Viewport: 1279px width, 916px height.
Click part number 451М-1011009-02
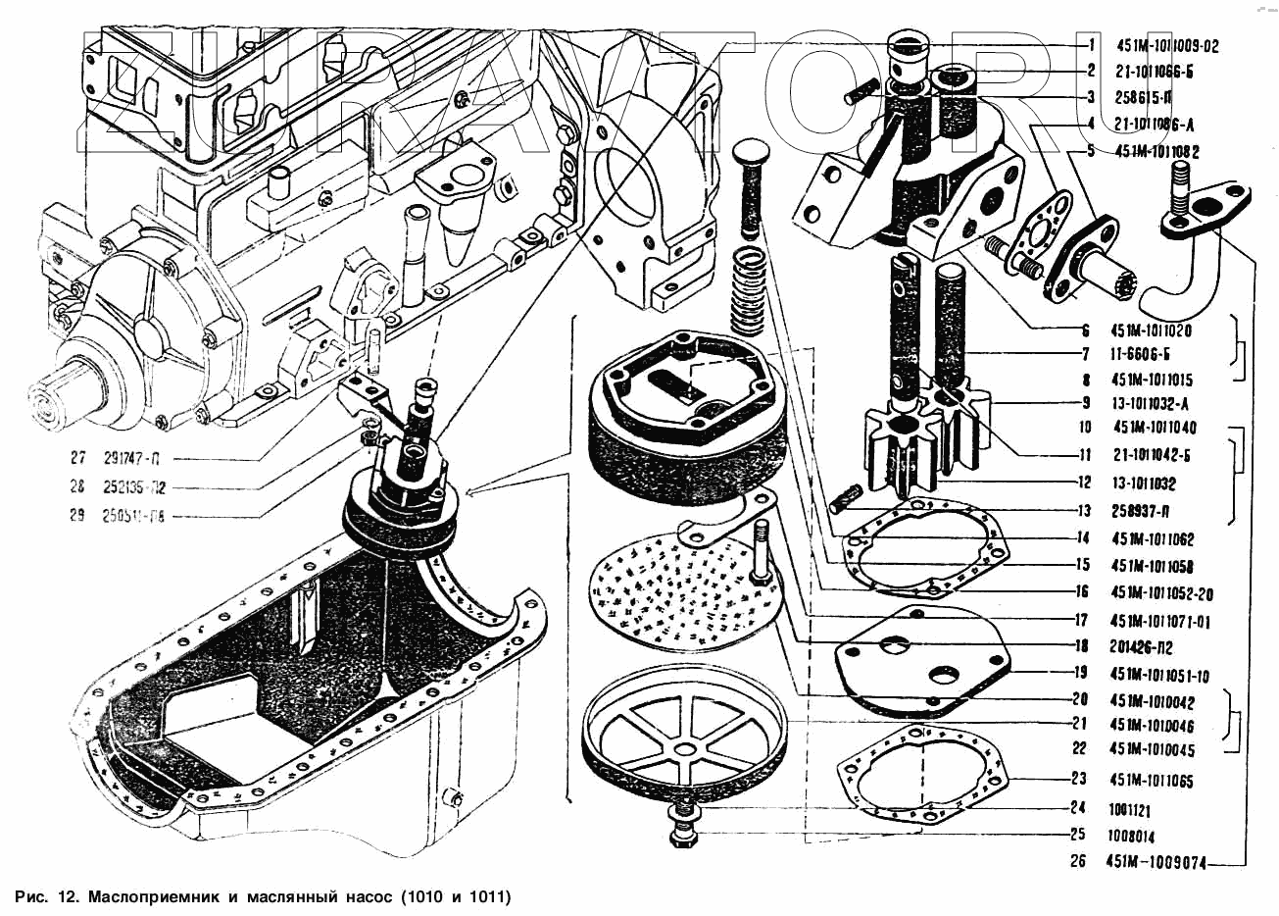point(1167,45)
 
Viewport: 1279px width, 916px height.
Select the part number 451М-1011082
point(1157,152)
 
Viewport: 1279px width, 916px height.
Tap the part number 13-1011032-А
point(1152,403)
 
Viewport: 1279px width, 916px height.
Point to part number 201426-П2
point(1142,648)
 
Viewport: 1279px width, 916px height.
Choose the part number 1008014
point(1131,837)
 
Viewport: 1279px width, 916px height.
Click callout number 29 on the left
point(77,515)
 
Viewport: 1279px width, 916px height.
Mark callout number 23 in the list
point(1079,780)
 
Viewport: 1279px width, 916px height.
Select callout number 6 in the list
point(1086,331)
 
